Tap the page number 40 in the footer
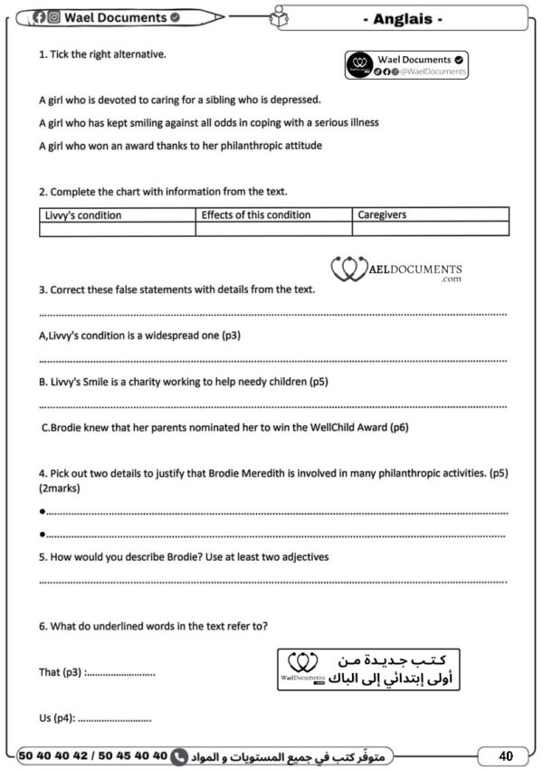coord(505,755)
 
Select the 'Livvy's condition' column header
coord(83,215)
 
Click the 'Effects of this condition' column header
coord(255,215)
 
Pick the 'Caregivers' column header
coord(382,215)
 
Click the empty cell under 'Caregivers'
coord(430,230)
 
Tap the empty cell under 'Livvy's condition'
coord(117,230)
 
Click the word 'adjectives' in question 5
coord(305,557)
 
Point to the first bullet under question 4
coord(43,512)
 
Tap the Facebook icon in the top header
coord(40,17)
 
